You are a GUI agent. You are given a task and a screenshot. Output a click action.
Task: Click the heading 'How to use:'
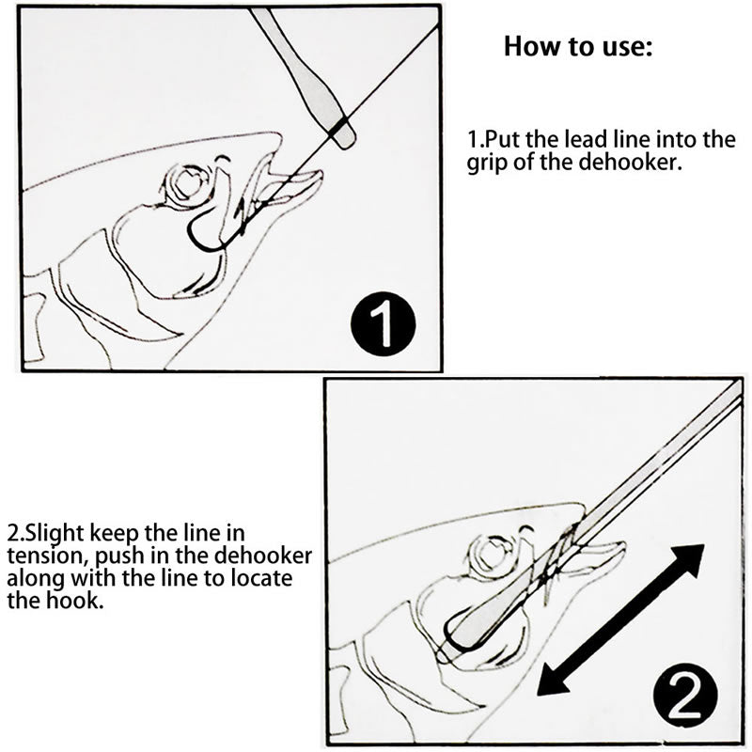tap(577, 47)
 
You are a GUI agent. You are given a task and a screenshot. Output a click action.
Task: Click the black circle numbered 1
tap(382, 325)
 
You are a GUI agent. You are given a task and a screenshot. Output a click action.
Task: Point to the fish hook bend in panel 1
tap(207, 240)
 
